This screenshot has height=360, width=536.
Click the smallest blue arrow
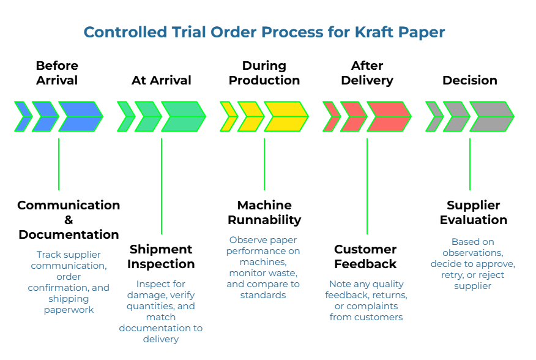23,116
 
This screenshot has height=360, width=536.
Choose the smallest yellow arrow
228,116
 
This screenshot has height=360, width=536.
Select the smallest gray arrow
434,116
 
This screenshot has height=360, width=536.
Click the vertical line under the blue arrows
59,164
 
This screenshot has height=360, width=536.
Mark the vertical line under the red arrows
367,186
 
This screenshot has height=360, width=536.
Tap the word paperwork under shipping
69,310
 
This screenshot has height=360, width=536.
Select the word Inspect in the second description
152,284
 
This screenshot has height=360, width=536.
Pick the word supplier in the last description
472,286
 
